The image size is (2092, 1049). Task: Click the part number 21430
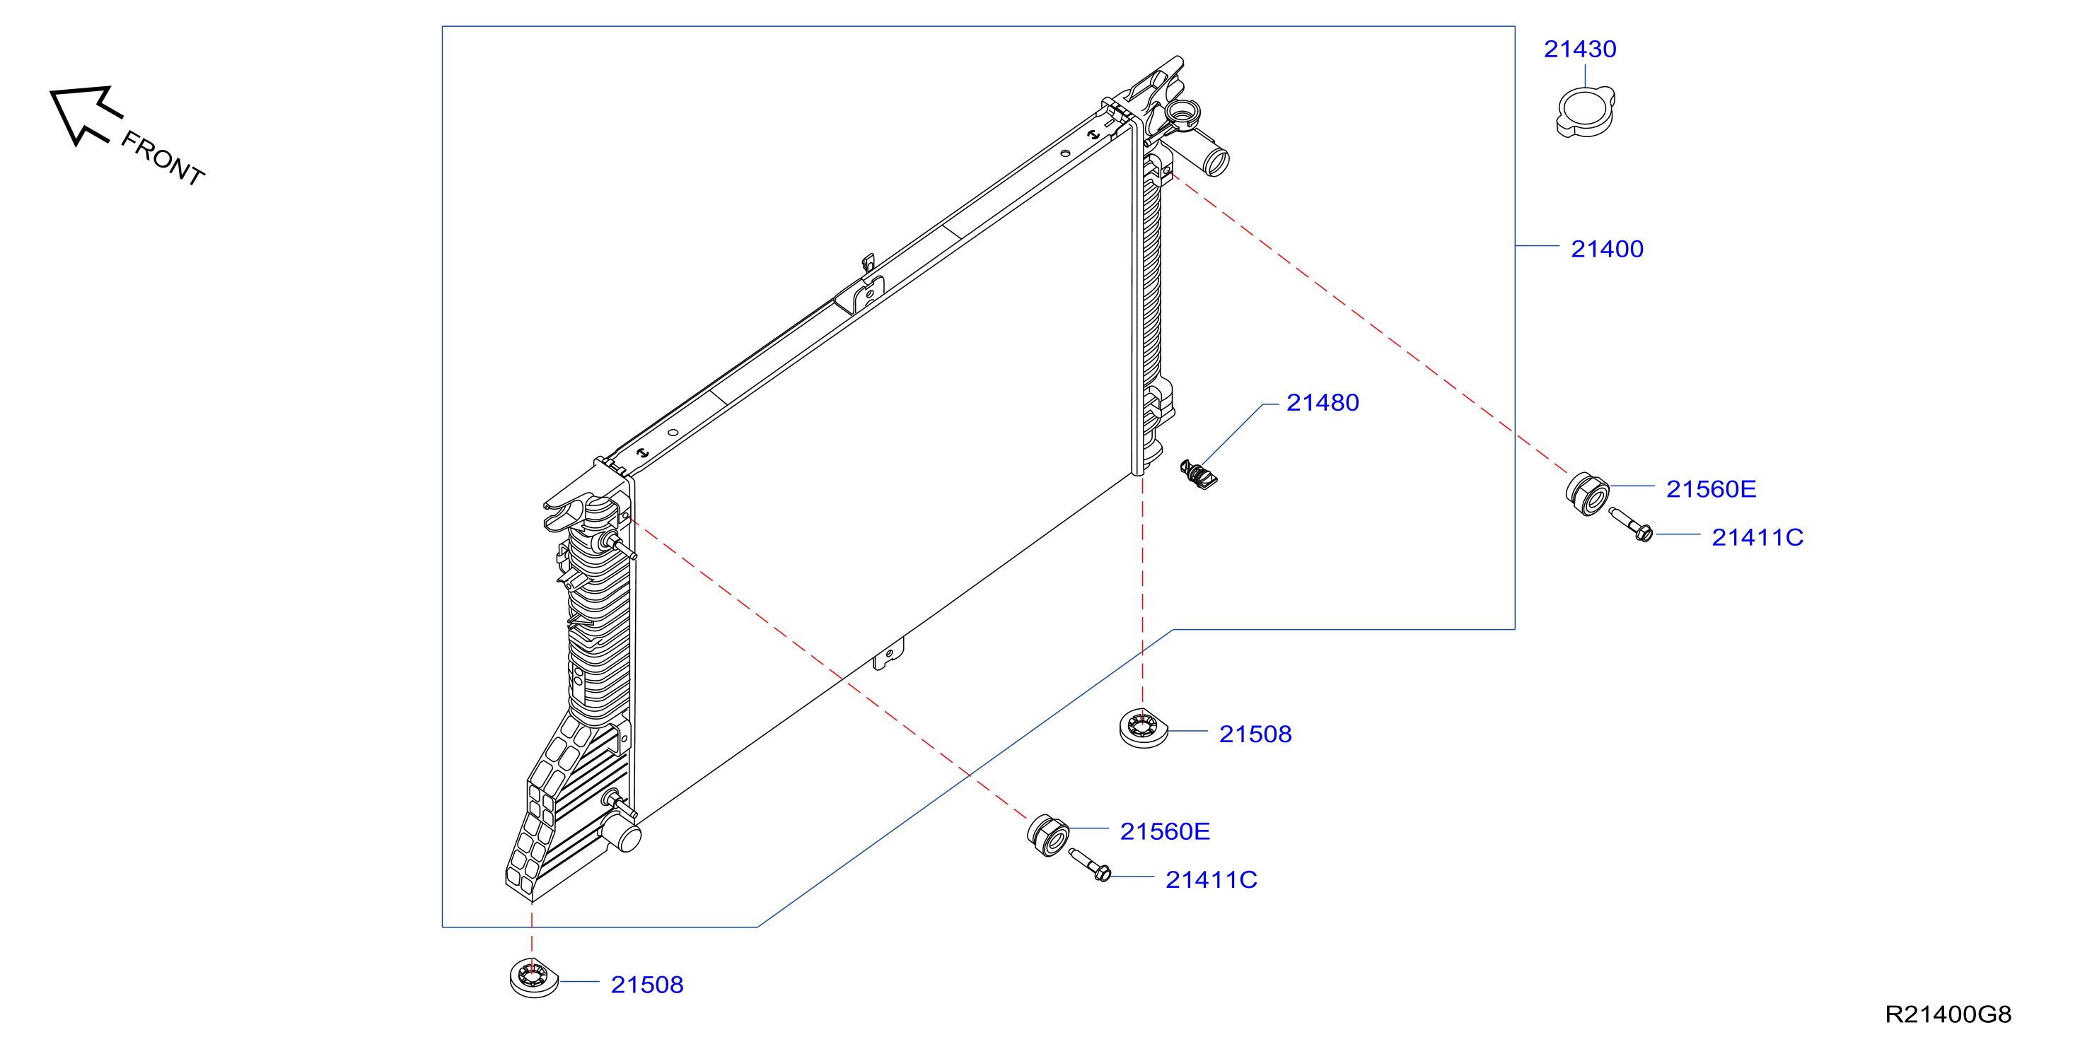tap(1579, 49)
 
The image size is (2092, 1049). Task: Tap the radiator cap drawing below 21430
tap(1585, 112)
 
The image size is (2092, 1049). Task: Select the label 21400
tap(1606, 250)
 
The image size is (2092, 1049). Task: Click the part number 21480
tap(1322, 403)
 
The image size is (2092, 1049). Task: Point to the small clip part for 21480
tap(1199, 475)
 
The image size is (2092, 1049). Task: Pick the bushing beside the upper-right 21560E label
tap(1588, 493)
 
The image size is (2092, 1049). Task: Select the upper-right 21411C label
tap(1757, 537)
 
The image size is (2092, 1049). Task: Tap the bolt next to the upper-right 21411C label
tap(1631, 524)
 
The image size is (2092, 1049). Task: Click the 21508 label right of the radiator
tap(1255, 734)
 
